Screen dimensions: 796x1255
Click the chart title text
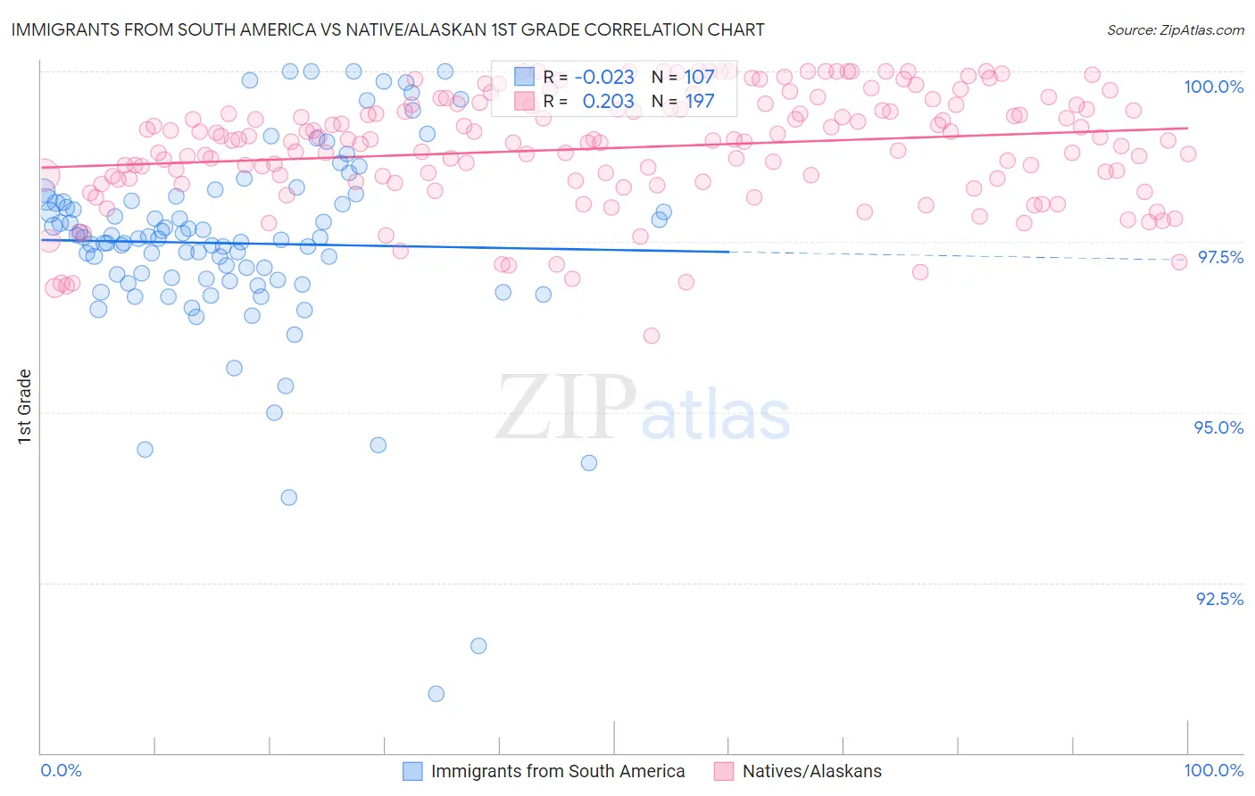click(x=387, y=29)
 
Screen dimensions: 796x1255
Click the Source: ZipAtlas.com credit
click(x=1175, y=29)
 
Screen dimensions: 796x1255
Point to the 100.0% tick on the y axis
click(x=1213, y=87)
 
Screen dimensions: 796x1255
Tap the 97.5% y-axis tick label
click(x=1220, y=257)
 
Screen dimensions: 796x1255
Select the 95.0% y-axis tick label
click(x=1218, y=427)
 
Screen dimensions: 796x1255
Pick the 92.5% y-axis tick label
click(x=1219, y=599)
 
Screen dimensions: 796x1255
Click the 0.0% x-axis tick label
click(x=61, y=770)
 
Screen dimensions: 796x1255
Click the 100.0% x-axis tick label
click(x=1213, y=770)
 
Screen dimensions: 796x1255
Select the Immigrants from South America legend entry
click(x=557, y=771)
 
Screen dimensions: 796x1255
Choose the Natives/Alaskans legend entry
click(x=811, y=771)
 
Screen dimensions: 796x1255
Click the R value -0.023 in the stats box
click(x=604, y=78)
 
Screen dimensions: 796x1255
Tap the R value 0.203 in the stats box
click(x=608, y=102)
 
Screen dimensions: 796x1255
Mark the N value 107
click(x=699, y=78)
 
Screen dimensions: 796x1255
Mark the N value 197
click(x=699, y=102)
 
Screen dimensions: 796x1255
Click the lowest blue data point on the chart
click(x=436, y=693)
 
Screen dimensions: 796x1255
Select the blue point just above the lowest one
click(x=478, y=646)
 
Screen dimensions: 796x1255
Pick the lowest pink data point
click(x=652, y=336)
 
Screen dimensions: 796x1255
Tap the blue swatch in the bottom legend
click(x=411, y=771)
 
